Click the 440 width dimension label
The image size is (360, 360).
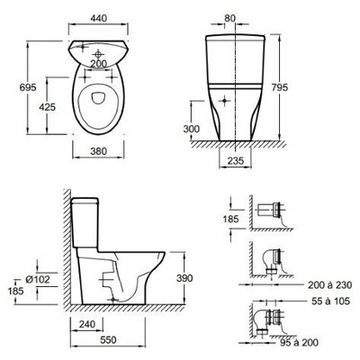click(x=98, y=18)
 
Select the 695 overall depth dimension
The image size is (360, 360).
click(x=28, y=87)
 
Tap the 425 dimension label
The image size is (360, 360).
click(x=47, y=106)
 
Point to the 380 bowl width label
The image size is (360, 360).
click(x=98, y=151)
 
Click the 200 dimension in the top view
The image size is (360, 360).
click(x=98, y=64)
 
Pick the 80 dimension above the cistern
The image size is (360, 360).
click(x=229, y=18)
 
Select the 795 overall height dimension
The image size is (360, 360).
click(x=279, y=87)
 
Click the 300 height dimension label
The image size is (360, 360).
click(x=191, y=129)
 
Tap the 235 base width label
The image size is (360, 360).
click(x=236, y=161)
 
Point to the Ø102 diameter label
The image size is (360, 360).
click(x=38, y=280)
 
